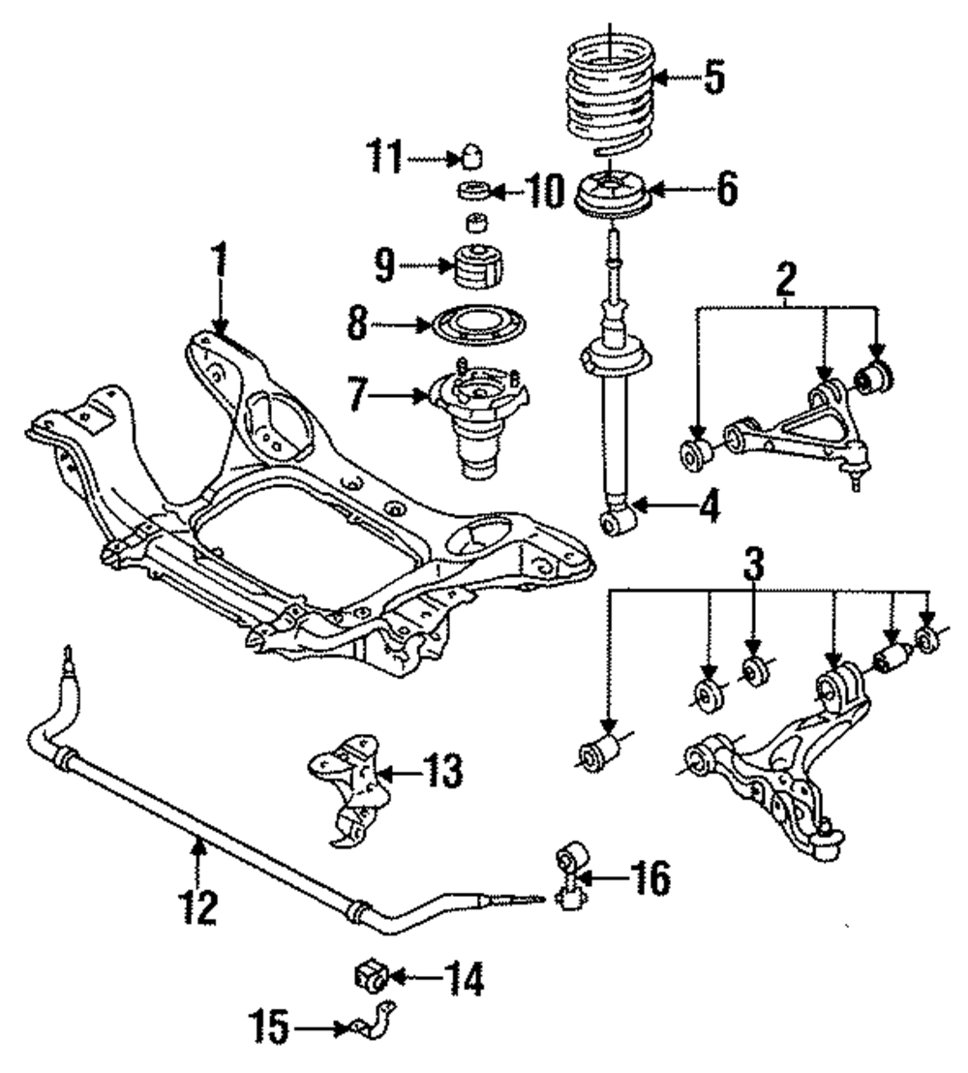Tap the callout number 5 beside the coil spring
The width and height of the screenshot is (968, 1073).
tap(714, 78)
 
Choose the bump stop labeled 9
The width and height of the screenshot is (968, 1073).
tap(479, 267)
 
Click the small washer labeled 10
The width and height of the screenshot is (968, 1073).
tap(472, 191)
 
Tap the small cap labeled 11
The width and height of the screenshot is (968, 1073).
tap(471, 156)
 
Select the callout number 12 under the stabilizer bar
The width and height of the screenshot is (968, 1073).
tap(198, 906)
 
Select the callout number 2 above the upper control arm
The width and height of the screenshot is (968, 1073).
tap(785, 279)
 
